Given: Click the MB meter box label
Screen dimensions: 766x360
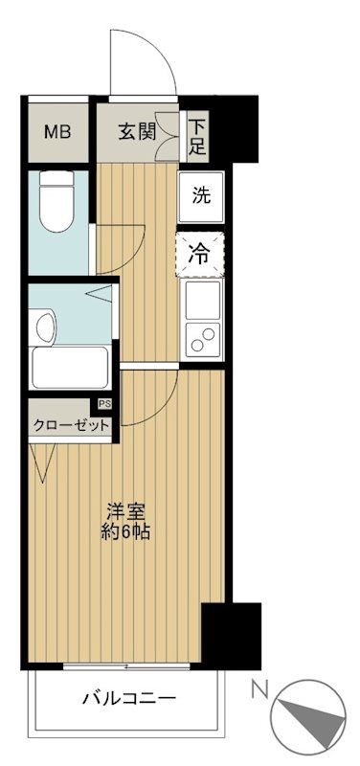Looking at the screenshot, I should click(57, 131).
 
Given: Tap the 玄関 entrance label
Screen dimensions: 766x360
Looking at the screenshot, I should click(138, 131).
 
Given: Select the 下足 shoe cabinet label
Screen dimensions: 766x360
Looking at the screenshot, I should click(197, 135).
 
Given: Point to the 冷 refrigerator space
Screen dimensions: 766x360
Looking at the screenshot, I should click(201, 254).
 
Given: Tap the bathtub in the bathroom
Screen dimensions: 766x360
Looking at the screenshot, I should click(67, 367).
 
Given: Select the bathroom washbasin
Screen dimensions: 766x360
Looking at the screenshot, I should click(44, 327).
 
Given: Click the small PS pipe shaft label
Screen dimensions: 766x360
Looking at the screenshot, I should click(103, 404).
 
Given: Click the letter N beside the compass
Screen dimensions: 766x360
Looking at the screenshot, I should click(259, 687).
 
